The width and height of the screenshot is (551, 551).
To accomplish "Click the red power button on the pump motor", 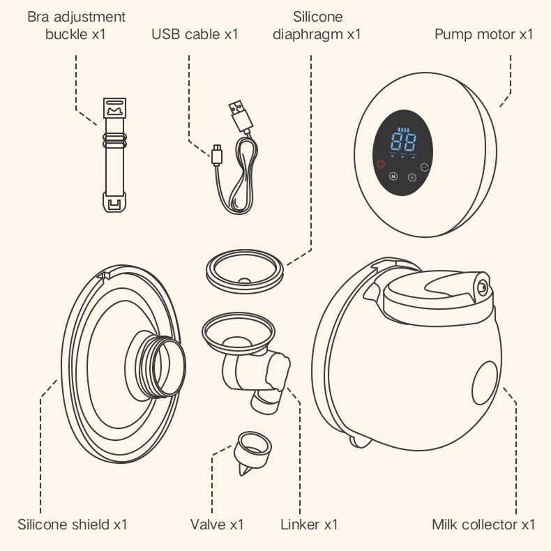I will point(380,165).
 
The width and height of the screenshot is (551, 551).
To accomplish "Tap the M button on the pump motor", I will point(393,176).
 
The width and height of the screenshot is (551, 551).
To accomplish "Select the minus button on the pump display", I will point(424,167).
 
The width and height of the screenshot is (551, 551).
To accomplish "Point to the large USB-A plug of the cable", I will point(238,114).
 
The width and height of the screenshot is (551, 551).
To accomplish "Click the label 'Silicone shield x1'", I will point(73,524).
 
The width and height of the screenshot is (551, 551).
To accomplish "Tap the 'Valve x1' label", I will point(217,524).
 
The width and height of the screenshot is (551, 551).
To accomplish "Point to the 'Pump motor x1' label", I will point(483,33).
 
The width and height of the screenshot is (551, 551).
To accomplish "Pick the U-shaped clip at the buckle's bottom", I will point(115,204).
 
